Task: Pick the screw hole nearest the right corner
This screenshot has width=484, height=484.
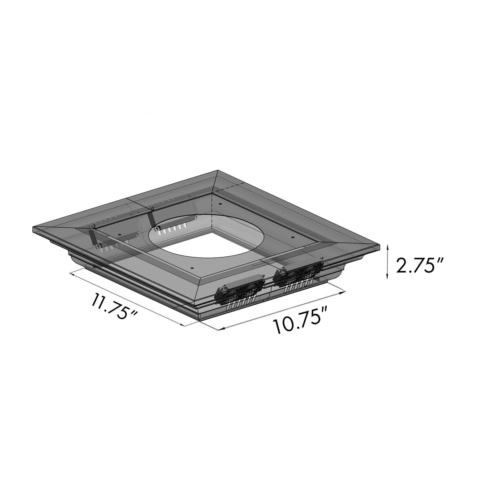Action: pos(292,236)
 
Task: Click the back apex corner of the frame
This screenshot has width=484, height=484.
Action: pos(218,171)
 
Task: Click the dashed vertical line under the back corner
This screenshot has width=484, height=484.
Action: pos(210,211)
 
